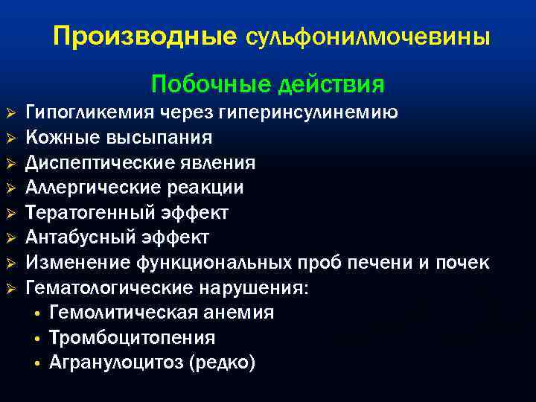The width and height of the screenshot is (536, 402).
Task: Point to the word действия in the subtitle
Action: tap(330, 85)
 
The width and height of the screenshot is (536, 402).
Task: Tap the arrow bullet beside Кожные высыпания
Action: tap(10, 138)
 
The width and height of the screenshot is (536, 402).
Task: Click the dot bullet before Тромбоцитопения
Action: tap(36, 339)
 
